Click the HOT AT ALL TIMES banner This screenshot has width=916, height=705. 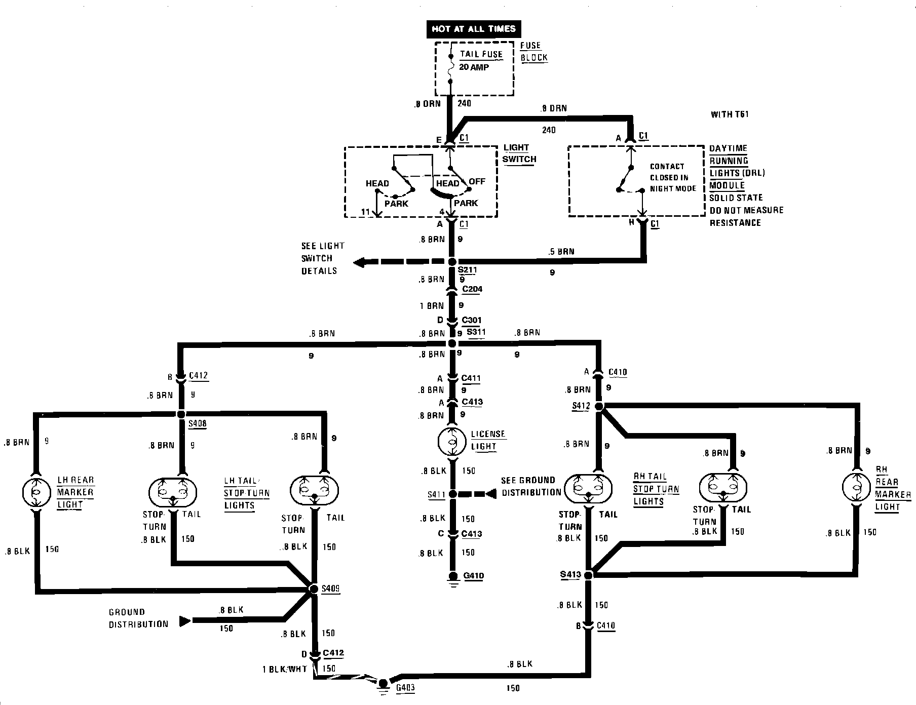click(473, 29)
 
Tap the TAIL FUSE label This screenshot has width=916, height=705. click(481, 54)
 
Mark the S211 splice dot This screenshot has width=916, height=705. click(452, 262)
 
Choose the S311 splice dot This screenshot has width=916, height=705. click(452, 344)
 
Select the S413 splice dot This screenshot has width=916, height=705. click(588, 575)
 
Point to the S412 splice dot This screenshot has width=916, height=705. click(598, 406)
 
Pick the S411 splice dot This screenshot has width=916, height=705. click(452, 494)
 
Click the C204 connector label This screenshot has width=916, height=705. click(472, 289)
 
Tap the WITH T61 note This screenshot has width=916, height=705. click(730, 114)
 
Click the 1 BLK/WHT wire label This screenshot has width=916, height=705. click(284, 669)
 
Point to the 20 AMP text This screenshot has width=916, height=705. click(475, 67)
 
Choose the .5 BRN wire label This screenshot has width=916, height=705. click(561, 252)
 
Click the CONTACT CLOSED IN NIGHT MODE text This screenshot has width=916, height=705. click(673, 177)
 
